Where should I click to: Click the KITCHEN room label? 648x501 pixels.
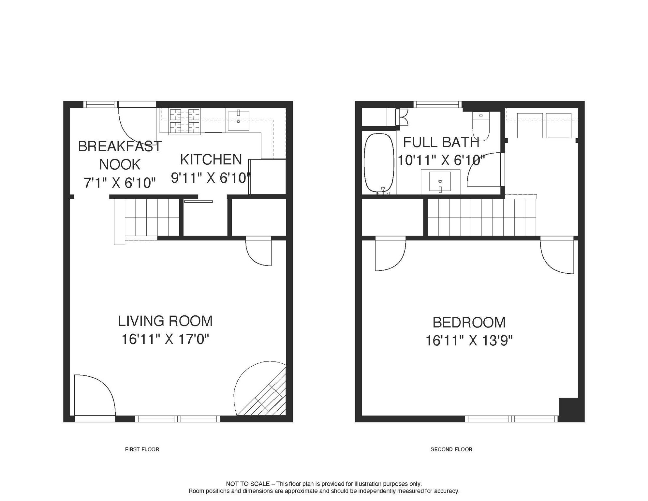point(211,160)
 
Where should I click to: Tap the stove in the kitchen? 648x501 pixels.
point(184,121)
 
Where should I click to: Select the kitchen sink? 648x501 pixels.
point(238,120)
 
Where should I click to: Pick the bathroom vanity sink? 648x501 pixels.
point(440,181)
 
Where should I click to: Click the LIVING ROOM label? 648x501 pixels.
point(165,321)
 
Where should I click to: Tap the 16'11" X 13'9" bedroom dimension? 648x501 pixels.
point(469,341)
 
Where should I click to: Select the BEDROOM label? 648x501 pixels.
point(469,323)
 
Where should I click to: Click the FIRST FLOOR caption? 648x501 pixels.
point(142,449)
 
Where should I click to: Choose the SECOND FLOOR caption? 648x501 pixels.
point(451,449)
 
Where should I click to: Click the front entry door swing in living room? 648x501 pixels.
point(95,395)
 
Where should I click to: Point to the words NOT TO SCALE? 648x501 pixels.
point(248,484)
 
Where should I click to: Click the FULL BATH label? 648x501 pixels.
point(441,142)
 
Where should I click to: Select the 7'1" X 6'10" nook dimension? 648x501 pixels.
point(120,183)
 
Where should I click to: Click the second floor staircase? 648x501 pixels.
point(482,217)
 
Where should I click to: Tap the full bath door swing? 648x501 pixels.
point(485,170)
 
